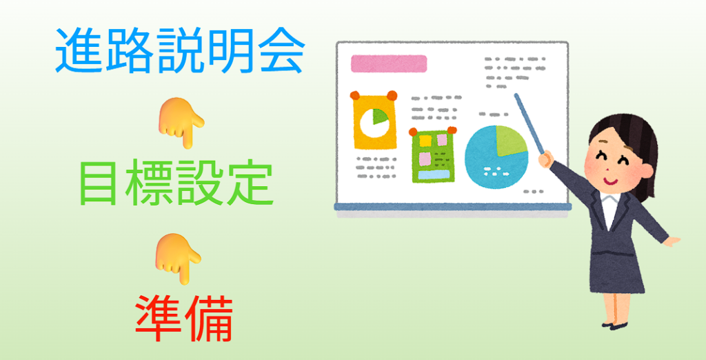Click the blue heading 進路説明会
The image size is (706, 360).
[x=180, y=51]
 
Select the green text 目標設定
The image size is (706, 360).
[x=176, y=184]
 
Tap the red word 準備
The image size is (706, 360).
[x=184, y=319]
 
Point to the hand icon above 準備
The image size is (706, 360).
[x=179, y=258]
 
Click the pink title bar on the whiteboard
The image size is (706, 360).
[x=389, y=63]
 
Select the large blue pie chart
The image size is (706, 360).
[x=496, y=157]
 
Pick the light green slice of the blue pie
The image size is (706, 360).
[x=510, y=141]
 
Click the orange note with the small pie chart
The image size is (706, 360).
[x=374, y=120]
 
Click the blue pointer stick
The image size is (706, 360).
[x=529, y=123]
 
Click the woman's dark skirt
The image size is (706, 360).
[x=616, y=271]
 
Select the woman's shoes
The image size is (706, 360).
[x=614, y=325]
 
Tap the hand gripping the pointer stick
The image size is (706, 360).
[x=546, y=159]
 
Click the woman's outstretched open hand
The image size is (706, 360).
[x=672, y=241]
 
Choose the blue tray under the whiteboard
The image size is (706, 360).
[x=452, y=208]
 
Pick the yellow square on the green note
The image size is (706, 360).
[x=425, y=141]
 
